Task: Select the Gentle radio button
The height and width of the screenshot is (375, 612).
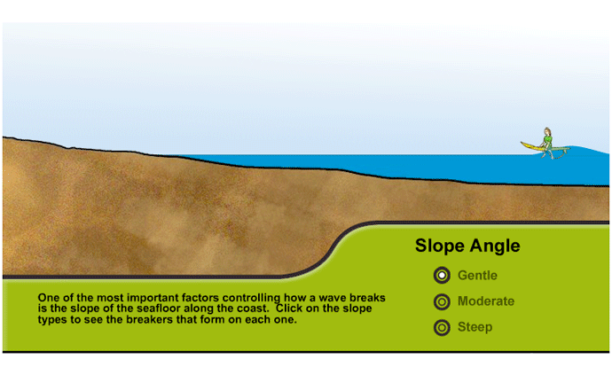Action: click(x=442, y=276)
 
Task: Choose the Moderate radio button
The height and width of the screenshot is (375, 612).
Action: click(x=442, y=301)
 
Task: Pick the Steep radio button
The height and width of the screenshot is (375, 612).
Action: click(x=442, y=328)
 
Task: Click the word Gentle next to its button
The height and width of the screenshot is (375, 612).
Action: click(x=477, y=276)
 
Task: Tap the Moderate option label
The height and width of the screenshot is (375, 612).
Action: click(x=486, y=301)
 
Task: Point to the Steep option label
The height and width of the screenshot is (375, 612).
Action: click(x=475, y=327)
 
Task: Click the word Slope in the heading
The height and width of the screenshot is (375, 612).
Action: click(x=440, y=246)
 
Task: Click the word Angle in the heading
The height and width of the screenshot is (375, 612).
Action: click(x=495, y=246)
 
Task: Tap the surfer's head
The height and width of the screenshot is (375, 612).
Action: click(x=547, y=131)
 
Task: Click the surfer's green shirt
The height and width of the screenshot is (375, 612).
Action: click(x=547, y=139)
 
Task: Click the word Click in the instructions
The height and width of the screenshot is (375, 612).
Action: click(x=289, y=309)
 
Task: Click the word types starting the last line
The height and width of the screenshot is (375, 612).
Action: click(x=49, y=320)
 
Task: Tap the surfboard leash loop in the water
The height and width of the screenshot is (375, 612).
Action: click(x=557, y=155)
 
